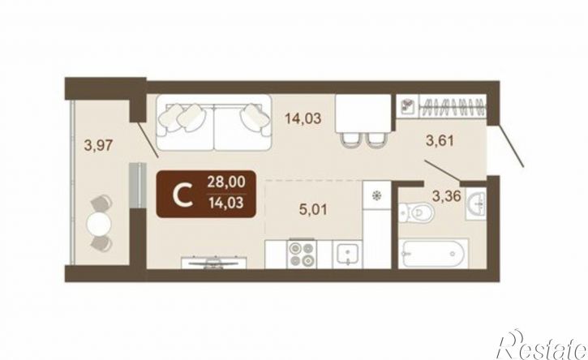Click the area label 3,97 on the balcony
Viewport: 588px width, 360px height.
pyautogui.click(x=98, y=145)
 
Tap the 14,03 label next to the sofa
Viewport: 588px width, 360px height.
pyautogui.click(x=303, y=118)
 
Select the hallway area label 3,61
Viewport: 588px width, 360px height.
pyautogui.click(x=440, y=141)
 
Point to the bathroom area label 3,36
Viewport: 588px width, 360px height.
pyautogui.click(x=446, y=195)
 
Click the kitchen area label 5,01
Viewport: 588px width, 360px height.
pyautogui.click(x=313, y=209)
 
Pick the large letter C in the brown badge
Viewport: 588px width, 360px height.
pyautogui.click(x=183, y=194)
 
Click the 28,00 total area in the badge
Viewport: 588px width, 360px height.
pyautogui.click(x=226, y=182)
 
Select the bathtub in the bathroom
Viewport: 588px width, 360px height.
pyautogui.click(x=433, y=253)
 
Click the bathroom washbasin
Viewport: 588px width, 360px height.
pyautogui.click(x=476, y=204)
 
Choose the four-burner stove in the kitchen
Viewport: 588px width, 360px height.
pyautogui.click(x=302, y=254)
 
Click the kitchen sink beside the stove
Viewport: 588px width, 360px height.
pyautogui.click(x=347, y=254)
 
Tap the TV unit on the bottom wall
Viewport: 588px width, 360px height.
pyautogui.click(x=214, y=263)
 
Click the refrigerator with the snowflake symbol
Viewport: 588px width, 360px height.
pyautogui.click(x=377, y=195)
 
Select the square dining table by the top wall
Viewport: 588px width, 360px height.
pyautogui.click(x=363, y=114)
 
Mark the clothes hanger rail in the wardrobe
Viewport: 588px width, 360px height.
pyautogui.click(x=453, y=106)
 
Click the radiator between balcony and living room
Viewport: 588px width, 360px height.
pyautogui.click(x=136, y=185)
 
